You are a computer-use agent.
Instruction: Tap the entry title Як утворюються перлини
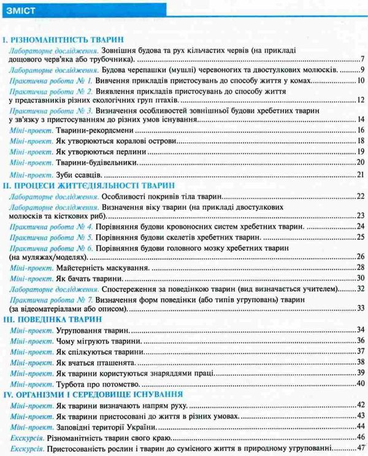pyautogui.click(x=91, y=153)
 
